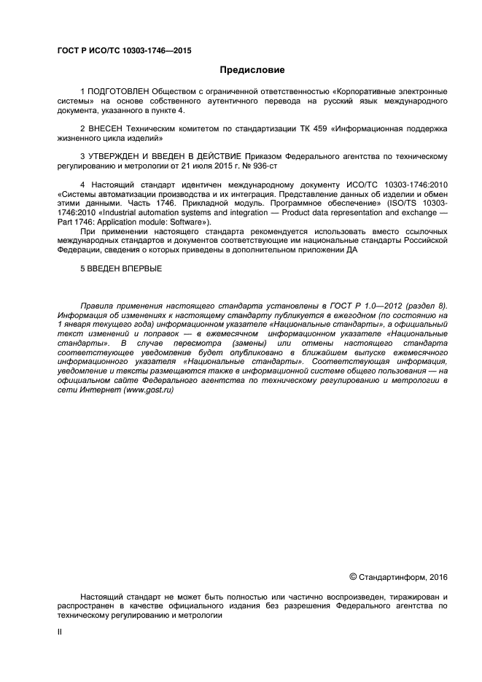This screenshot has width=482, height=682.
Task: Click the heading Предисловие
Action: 252,70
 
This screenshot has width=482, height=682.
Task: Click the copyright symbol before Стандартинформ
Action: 354,577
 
